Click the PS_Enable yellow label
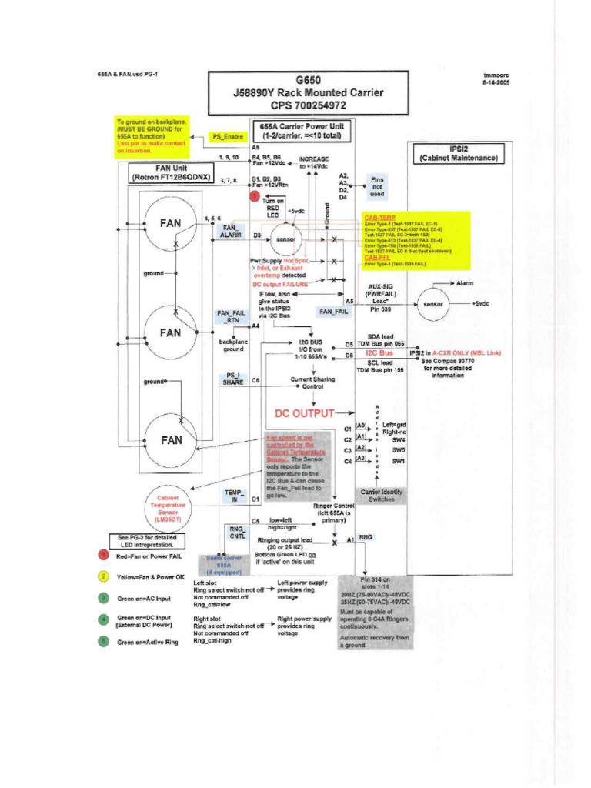click(227, 137)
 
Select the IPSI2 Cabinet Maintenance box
click(459, 152)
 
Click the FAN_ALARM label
click(230, 232)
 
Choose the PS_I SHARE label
click(233, 379)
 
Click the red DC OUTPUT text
click(305, 414)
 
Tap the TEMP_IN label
click(233, 496)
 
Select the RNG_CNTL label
click(235, 532)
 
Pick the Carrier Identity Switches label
click(382, 495)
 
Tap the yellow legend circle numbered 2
click(102, 576)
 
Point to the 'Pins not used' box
click(377, 186)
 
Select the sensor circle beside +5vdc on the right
click(436, 304)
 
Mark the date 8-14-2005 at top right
click(496, 82)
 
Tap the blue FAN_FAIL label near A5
click(333, 312)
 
